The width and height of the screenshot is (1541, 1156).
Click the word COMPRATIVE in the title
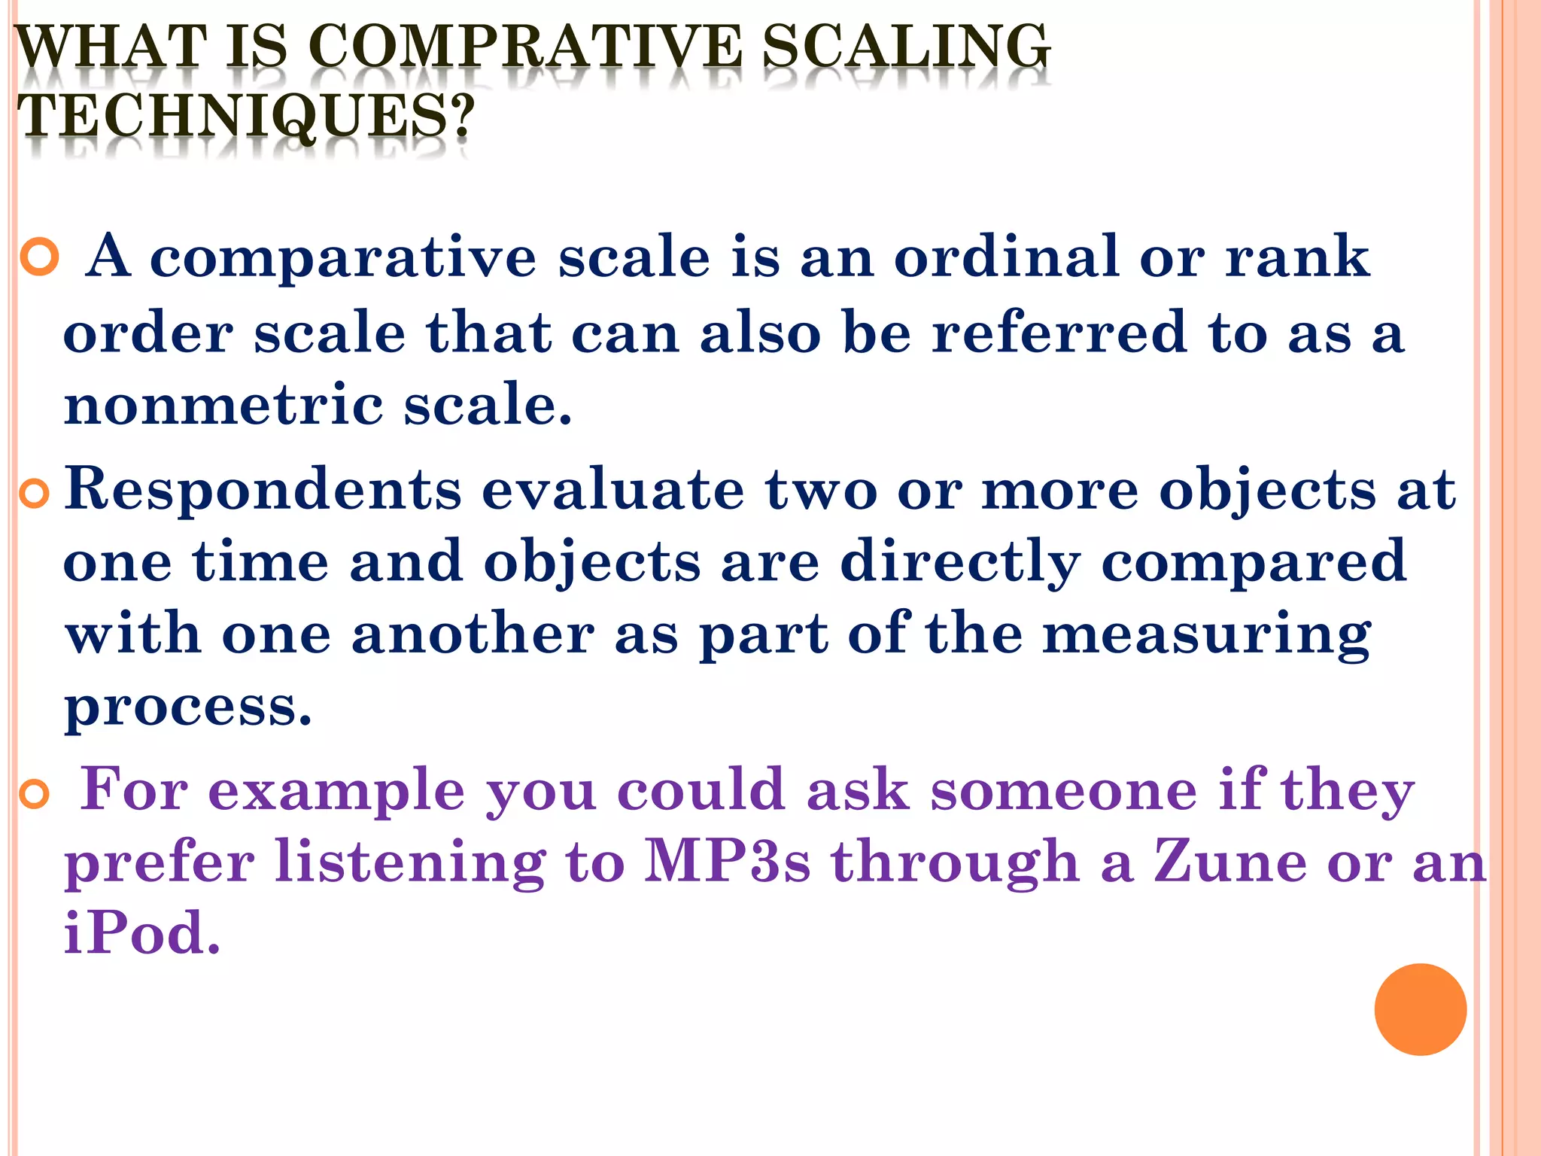pos(524,47)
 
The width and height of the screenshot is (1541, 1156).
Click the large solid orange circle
pos(1420,1009)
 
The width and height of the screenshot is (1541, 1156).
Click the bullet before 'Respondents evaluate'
pos(35,494)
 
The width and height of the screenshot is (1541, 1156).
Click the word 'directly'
pos(960,563)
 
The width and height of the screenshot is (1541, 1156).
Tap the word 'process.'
pos(188,708)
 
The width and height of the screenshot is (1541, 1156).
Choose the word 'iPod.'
pos(142,933)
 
